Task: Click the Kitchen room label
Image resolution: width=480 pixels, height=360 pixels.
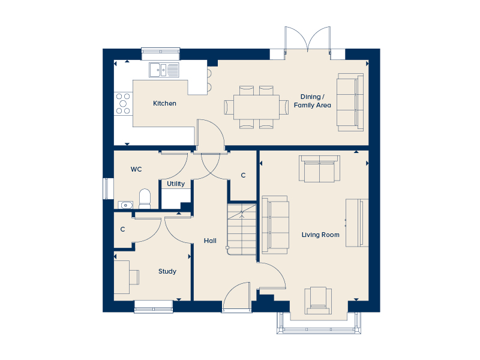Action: (164, 103)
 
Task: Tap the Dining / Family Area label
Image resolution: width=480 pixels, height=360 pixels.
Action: (312, 101)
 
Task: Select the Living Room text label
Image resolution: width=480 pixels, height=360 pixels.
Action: (320, 235)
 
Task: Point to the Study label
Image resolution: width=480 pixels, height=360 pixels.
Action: (167, 271)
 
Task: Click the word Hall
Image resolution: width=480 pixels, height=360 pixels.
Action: (210, 241)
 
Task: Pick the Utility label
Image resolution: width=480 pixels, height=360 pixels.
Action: (176, 184)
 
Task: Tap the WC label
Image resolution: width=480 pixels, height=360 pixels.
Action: (136, 169)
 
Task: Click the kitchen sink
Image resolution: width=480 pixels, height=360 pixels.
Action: (164, 70)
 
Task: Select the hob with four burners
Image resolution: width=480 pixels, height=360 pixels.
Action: (123, 104)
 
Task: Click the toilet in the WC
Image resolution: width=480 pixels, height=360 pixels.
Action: (145, 199)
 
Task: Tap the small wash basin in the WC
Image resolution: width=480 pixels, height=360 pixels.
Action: (125, 205)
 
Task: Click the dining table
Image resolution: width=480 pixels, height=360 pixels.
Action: (256, 107)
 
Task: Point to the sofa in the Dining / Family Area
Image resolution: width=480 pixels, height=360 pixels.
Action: (350, 102)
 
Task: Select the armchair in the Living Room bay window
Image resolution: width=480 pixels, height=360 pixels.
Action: (318, 301)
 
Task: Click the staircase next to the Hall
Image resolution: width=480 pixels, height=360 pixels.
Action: (242, 230)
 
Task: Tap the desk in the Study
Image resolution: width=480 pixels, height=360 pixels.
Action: (122, 277)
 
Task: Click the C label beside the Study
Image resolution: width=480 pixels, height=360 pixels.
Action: (123, 229)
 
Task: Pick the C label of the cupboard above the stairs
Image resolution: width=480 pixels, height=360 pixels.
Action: (244, 175)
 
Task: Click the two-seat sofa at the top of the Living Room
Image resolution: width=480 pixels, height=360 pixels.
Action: (319, 169)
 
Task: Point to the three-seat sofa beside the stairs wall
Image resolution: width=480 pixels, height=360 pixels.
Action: (275, 225)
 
